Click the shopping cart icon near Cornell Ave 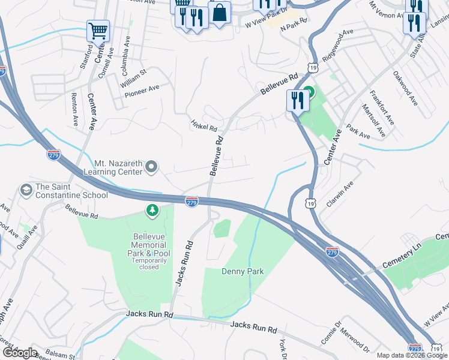pyautogui.click(x=98, y=30)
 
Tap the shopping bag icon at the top pyautogui.click(x=220, y=13)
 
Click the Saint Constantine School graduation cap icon pyautogui.click(x=26, y=190)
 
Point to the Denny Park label pyautogui.click(x=243, y=272)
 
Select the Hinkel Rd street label pyautogui.click(x=203, y=124)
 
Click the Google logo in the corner pyautogui.click(x=20, y=353)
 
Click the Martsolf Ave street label pyautogui.click(x=369, y=116)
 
